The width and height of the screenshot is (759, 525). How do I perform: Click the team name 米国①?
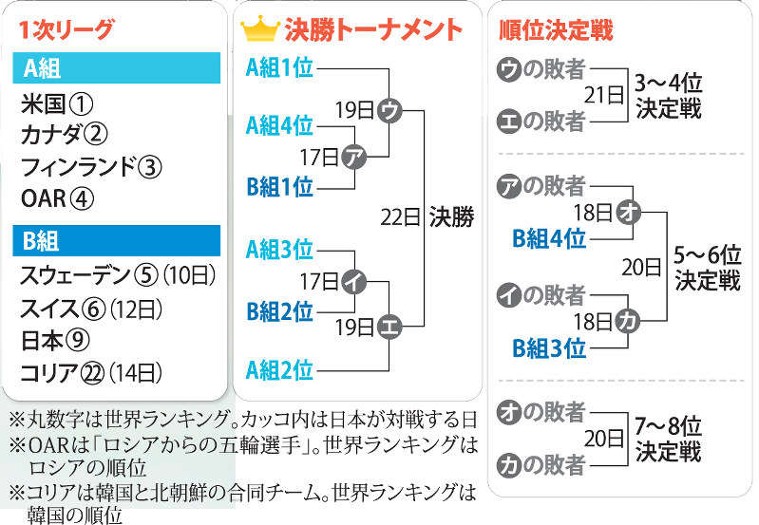(x=57, y=103)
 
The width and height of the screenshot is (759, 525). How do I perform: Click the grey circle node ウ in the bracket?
(x=389, y=110)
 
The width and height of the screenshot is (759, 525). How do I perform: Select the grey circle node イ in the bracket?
(x=353, y=280)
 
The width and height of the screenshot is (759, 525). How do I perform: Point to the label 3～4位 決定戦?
(x=669, y=97)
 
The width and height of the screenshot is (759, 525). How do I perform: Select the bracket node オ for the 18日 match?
(x=627, y=212)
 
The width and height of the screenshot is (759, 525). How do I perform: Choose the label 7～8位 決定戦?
(x=669, y=439)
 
